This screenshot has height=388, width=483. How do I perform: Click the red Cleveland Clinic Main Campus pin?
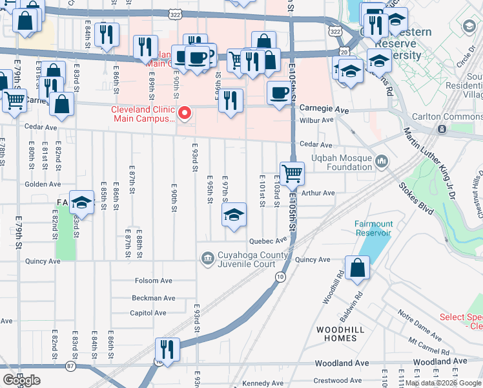[x=184, y=114]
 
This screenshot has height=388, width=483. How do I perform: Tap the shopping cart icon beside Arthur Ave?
[x=292, y=173]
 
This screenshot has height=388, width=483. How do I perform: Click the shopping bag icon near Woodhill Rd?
[x=357, y=268]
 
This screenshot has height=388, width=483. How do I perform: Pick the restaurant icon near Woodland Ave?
[x=168, y=350]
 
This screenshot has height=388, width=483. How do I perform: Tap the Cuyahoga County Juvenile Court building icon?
[x=207, y=259]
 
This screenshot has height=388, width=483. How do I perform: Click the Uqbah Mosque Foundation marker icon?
[x=382, y=160]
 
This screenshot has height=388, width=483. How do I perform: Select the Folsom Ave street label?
[x=153, y=281]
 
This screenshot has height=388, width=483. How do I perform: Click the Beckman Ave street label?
[x=153, y=298]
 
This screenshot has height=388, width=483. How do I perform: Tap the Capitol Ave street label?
[x=149, y=313]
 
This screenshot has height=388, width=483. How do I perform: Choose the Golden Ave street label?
[x=43, y=184]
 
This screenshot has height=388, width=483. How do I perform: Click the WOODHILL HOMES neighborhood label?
[x=336, y=334]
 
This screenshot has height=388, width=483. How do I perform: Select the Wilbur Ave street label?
[x=317, y=120]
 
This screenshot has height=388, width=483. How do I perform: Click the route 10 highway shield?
[x=280, y=277]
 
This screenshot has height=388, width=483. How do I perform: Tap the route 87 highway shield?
[x=70, y=366]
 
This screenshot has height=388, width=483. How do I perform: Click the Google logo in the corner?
[x=21, y=380]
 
